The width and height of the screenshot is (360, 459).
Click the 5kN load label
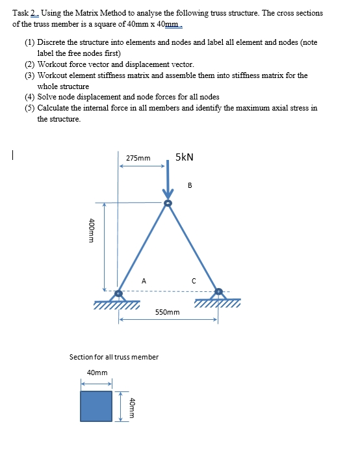pos(184,157)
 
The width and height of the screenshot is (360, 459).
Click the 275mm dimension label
pos(138,158)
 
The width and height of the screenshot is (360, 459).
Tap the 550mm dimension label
pos(168,312)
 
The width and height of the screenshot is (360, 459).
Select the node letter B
pos(190,185)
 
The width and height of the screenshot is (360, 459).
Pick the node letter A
pos(144,281)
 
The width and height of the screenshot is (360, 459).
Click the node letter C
pos(193,281)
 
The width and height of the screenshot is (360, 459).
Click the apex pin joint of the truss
pos(168,204)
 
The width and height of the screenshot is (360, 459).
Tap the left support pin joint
pos(118,294)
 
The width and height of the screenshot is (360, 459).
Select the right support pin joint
pos(218,292)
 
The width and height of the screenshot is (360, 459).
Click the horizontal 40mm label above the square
pos(97,373)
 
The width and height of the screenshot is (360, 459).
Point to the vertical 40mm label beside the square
pos(132,406)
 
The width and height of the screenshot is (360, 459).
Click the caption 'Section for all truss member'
pos(114,357)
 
